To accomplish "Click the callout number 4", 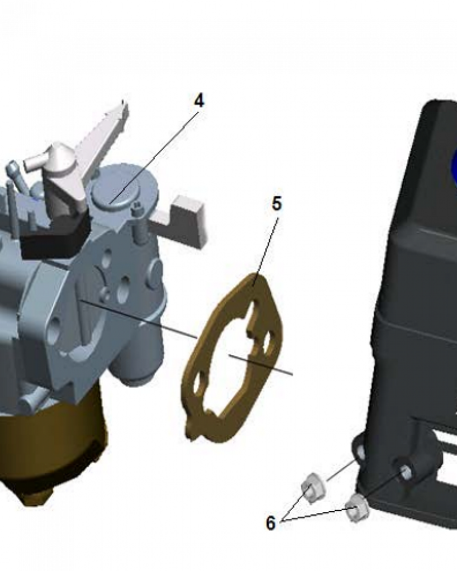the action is [199, 100].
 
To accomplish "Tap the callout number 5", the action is [276, 204].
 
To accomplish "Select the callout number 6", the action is [270, 522].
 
